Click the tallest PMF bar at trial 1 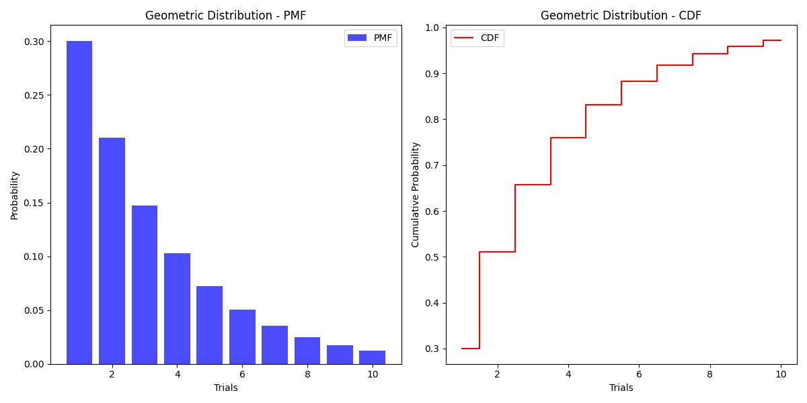pyautogui.click(x=79, y=201)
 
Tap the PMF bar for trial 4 pyautogui.click(x=177, y=308)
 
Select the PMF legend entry pyautogui.click(x=371, y=38)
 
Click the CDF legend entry pyautogui.click(x=477, y=38)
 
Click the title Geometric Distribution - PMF pyautogui.click(x=225, y=15)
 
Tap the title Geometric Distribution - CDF pyautogui.click(x=621, y=15)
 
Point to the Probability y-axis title pyautogui.click(x=15, y=195)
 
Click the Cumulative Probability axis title pyautogui.click(x=416, y=194)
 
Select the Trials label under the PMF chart pyautogui.click(x=225, y=388)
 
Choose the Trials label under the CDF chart pyautogui.click(x=621, y=388)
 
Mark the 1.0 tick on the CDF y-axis pyautogui.click(x=432, y=28)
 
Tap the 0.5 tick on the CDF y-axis pyautogui.click(x=432, y=257)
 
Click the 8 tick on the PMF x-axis pyautogui.click(x=307, y=374)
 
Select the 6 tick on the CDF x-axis pyautogui.click(x=639, y=374)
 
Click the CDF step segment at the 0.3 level pyautogui.click(x=470, y=349)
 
